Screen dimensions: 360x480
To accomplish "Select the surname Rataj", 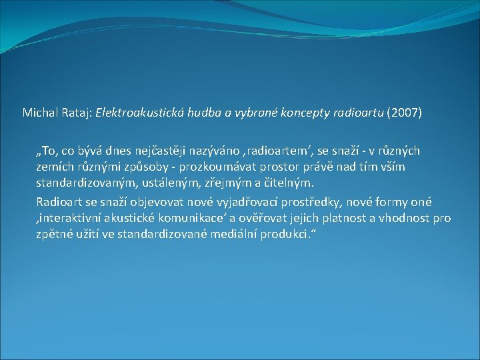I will pos(77,113).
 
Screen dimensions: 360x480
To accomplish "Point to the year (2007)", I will pos(404,113).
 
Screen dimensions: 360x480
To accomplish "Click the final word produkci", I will pos(286,235).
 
